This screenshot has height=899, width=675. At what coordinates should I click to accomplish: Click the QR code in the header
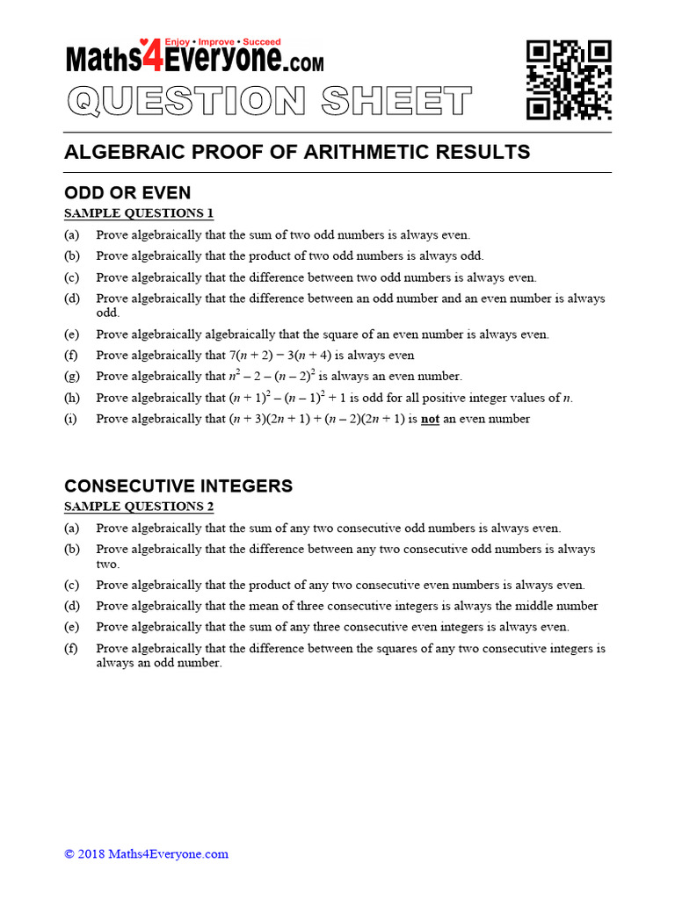569,79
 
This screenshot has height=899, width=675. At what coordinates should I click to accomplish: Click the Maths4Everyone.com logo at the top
194,58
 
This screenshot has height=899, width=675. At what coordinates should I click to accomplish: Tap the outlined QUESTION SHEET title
269,102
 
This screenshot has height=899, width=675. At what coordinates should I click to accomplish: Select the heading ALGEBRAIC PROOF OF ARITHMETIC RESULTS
297,152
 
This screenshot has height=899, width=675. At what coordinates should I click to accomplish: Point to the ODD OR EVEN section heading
127,193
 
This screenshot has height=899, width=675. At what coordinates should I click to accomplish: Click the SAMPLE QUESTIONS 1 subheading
139,213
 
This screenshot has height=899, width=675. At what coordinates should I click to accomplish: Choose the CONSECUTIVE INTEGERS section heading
178,486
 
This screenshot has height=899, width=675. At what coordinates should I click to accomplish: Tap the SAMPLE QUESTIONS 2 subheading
139,507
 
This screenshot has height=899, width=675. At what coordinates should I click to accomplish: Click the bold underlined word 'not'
430,419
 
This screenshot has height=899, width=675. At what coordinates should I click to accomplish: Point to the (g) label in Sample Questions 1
71,377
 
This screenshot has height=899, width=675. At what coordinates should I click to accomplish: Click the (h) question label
71,398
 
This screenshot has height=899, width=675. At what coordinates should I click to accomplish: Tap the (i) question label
70,419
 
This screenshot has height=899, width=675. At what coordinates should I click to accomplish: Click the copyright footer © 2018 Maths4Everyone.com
146,853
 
